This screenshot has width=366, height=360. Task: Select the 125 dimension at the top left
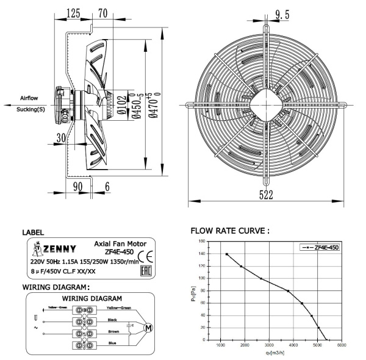[73, 13]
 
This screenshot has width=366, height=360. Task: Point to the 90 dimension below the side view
[77, 185]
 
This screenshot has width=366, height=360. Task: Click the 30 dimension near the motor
[59, 138]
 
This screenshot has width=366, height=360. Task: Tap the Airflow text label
[31, 98]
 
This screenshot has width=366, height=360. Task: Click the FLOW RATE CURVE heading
[230, 231]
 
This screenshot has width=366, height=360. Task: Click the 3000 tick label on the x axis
[268, 345]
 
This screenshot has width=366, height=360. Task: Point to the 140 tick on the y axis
[201, 242]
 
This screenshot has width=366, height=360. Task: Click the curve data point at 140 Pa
[227, 254]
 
